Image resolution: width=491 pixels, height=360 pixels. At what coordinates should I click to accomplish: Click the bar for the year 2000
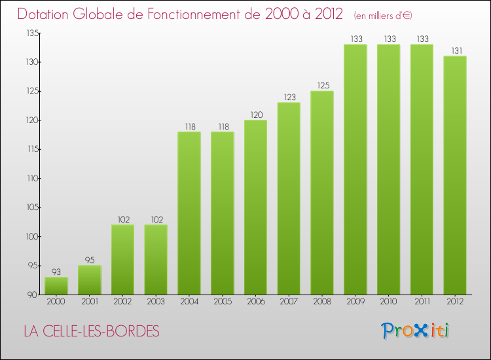pyautogui.click(x=56, y=285)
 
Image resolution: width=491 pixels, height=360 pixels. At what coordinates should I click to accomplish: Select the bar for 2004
pyautogui.click(x=189, y=213)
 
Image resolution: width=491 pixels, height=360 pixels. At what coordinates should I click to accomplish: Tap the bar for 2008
pyautogui.click(x=322, y=192)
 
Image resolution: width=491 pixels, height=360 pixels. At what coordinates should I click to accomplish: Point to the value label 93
pyautogui.click(x=56, y=272)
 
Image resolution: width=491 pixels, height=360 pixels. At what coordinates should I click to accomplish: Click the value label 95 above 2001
pyautogui.click(x=90, y=261)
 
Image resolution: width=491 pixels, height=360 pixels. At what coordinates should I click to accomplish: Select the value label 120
pyautogui.click(x=255, y=115)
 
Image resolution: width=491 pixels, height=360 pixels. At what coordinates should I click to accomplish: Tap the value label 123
pyautogui.click(x=289, y=98)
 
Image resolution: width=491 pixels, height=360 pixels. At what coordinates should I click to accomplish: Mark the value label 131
pyautogui.click(x=455, y=51)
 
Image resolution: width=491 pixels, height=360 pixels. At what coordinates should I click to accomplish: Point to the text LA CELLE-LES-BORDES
pyautogui.click(x=91, y=331)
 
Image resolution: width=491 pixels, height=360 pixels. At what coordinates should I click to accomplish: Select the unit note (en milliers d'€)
pyautogui.click(x=383, y=15)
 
